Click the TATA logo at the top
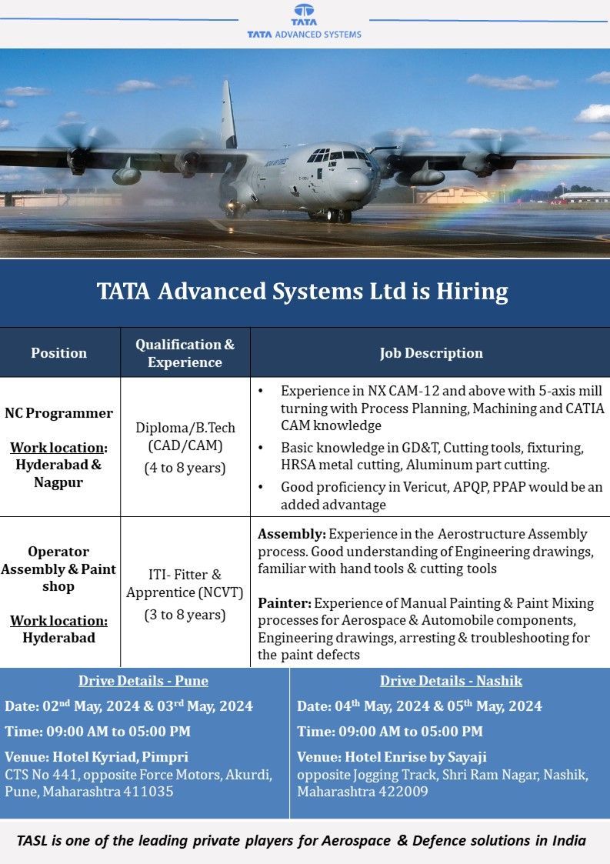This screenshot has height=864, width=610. tap(304, 14)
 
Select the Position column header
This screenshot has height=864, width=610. tap(59, 353)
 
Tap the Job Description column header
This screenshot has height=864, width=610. tap(431, 353)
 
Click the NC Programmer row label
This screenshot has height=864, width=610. tap(59, 413)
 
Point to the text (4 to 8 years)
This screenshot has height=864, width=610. tap(185, 468)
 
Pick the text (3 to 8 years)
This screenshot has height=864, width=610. tap(185, 615)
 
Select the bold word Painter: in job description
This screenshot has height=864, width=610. tap(284, 602)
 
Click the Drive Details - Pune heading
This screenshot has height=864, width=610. tap(143, 681)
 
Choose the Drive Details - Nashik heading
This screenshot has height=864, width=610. tap(451, 681)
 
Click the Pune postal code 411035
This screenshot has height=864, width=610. tap(146, 791)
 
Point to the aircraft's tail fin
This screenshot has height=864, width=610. tap(228, 115)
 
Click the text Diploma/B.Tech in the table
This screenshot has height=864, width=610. tap(185, 428)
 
